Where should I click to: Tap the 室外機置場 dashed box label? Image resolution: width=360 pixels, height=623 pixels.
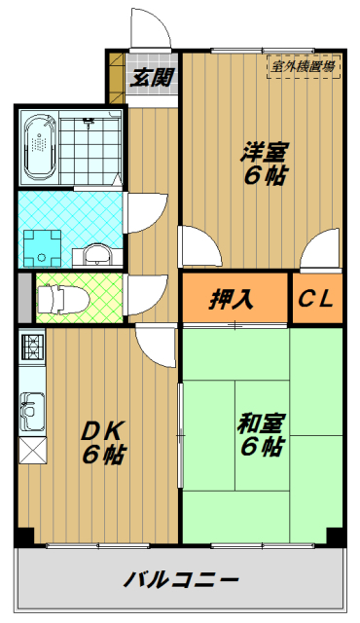pos(303,67)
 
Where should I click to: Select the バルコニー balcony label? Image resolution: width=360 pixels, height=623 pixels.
pos(182,581)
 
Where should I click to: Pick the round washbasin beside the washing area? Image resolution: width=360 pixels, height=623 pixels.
pos(98,255)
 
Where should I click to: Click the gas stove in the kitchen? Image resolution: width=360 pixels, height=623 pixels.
pos(30,347)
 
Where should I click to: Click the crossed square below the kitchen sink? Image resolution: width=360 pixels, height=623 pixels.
pos(30,452)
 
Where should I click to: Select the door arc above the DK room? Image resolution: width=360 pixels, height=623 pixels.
pos(156,344)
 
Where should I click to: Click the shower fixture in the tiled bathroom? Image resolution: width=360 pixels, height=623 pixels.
pos(89,121)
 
